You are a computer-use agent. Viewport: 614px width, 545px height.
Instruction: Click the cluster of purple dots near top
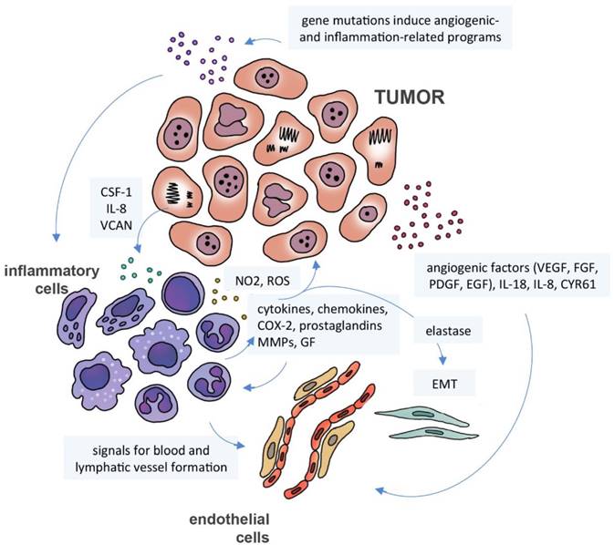[202, 54]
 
